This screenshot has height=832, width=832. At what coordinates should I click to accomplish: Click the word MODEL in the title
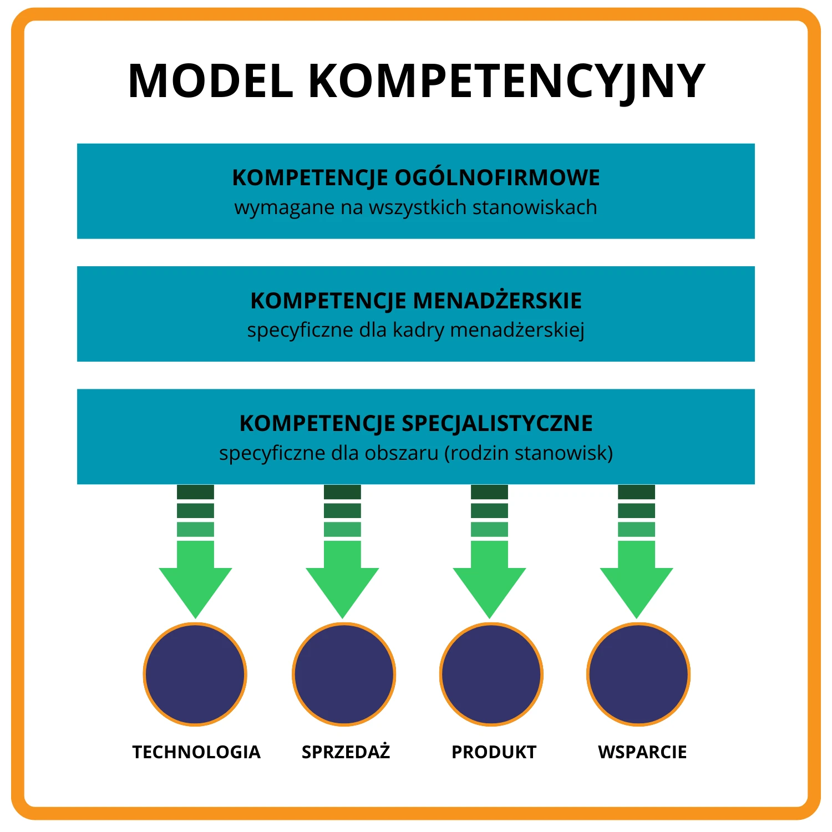pyautogui.click(x=210, y=81)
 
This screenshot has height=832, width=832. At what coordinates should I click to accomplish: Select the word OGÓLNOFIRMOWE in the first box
pyautogui.click(x=497, y=177)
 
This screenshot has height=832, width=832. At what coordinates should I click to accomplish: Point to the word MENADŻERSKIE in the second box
pyautogui.click(x=498, y=301)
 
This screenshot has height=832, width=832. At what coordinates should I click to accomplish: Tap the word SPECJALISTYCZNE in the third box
pyautogui.click(x=497, y=423)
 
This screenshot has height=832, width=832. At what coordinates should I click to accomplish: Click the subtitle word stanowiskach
pyautogui.click(x=535, y=207)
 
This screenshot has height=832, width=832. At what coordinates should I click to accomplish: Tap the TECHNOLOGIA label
pyautogui.click(x=196, y=752)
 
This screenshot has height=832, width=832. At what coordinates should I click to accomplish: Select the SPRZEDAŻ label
pyautogui.click(x=346, y=752)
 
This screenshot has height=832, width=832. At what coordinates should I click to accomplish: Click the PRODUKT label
pyautogui.click(x=494, y=752)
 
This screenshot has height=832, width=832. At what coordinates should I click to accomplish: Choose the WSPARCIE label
pyautogui.click(x=642, y=752)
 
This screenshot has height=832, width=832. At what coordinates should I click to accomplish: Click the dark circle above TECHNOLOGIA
pyautogui.click(x=195, y=674)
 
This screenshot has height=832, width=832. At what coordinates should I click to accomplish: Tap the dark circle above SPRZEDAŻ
pyautogui.click(x=344, y=674)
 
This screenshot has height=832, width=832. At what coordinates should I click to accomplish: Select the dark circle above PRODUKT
pyautogui.click(x=491, y=674)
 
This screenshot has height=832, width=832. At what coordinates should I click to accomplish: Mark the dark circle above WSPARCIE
pyautogui.click(x=638, y=674)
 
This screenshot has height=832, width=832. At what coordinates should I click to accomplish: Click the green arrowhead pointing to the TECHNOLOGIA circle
pyautogui.click(x=195, y=588)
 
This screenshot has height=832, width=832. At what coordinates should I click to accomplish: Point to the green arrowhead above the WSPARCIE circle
pyautogui.click(x=636, y=588)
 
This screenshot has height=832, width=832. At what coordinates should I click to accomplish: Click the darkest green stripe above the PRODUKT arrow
pyautogui.click(x=489, y=492)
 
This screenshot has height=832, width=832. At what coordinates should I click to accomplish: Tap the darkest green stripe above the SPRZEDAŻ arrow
pyautogui.click(x=342, y=492)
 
